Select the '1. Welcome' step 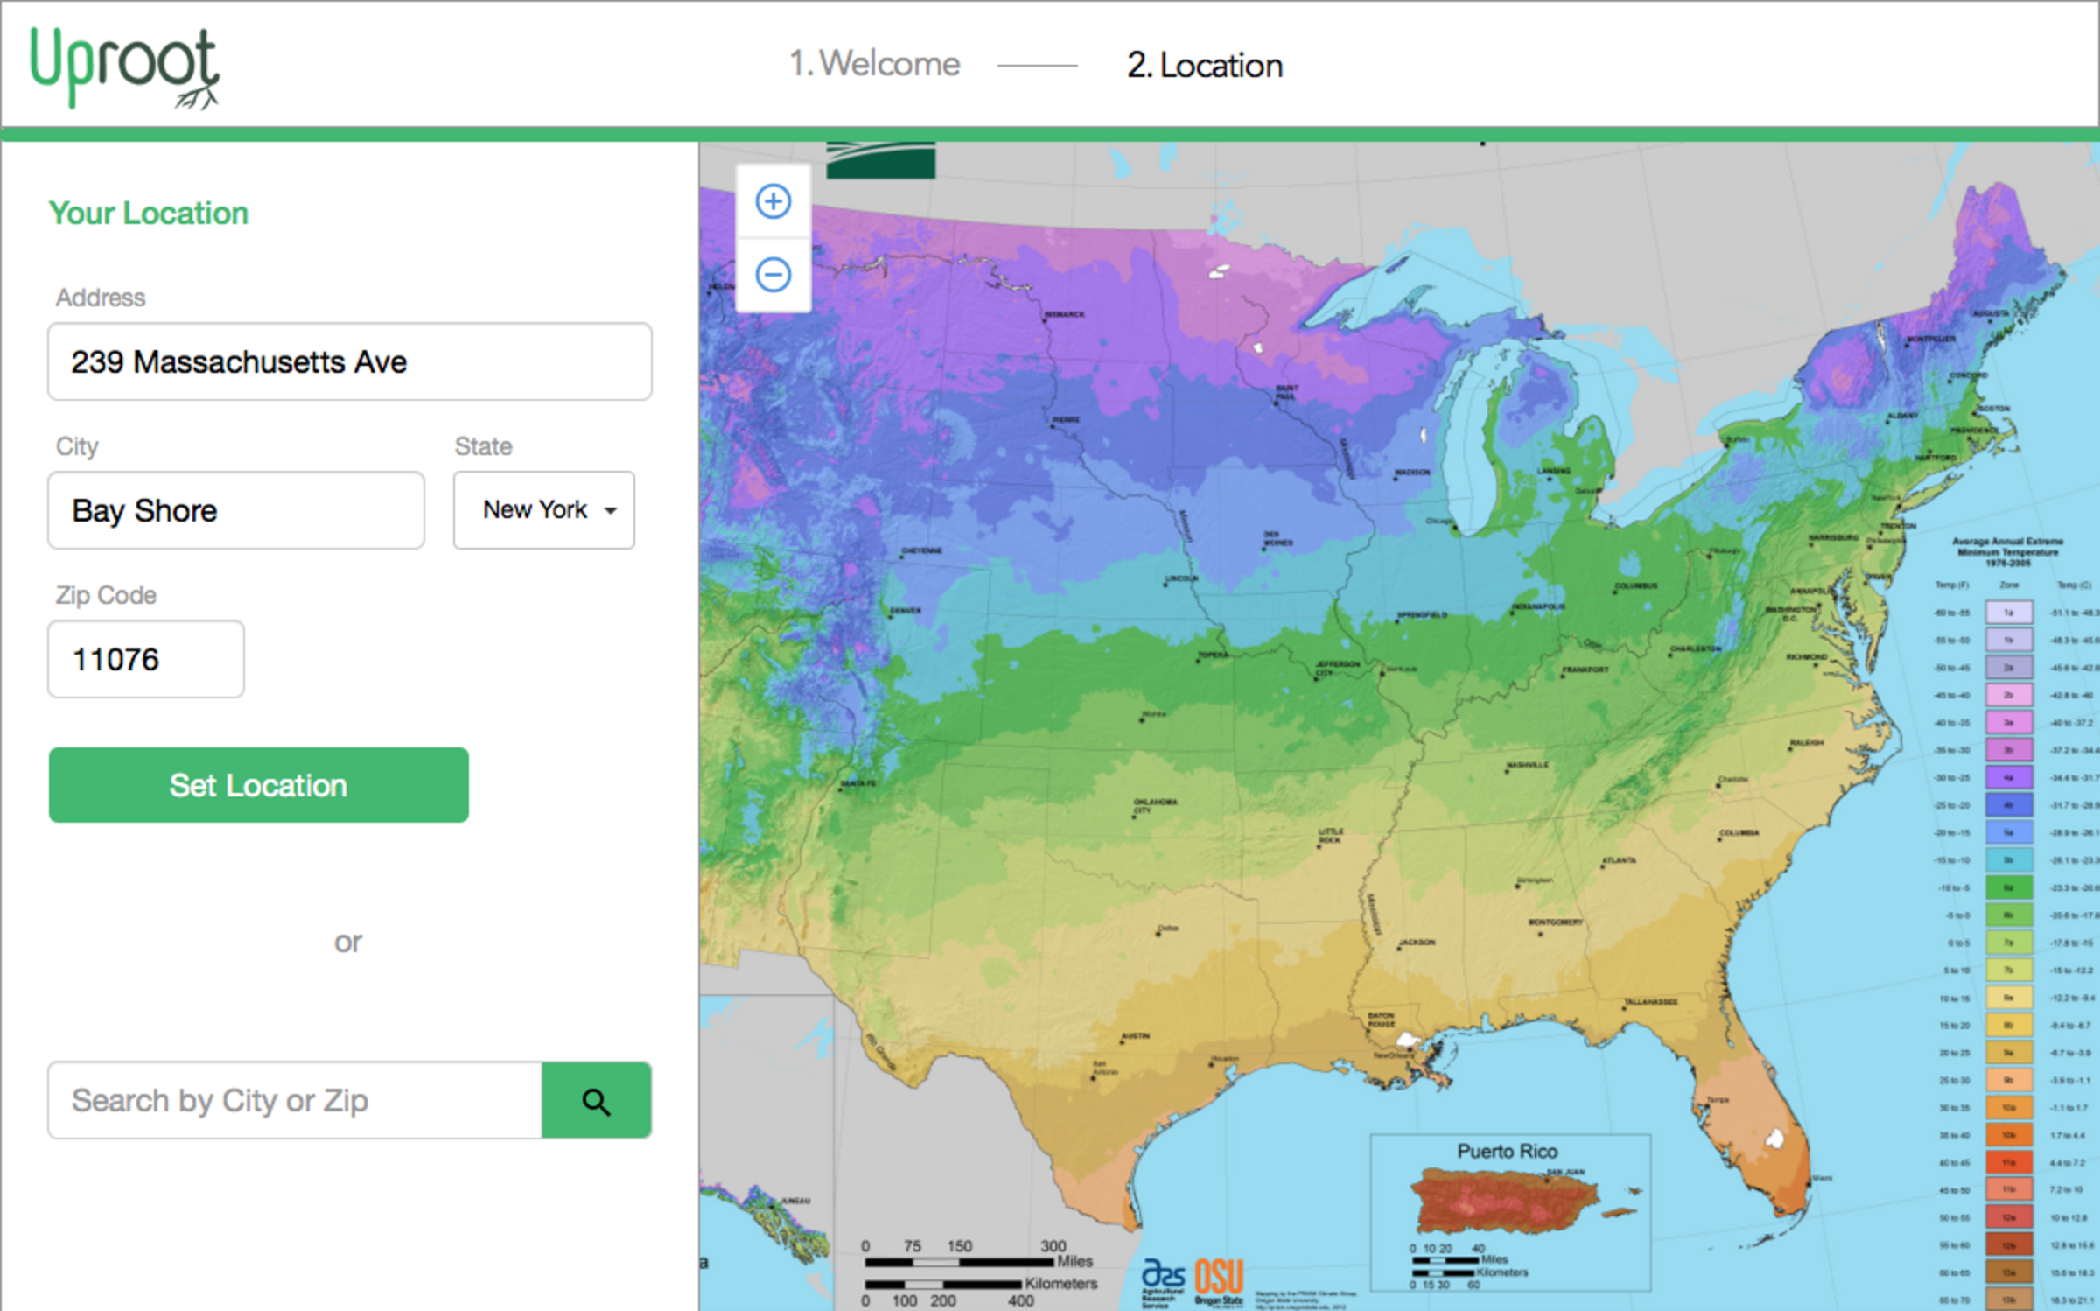point(874,64)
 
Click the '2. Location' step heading point(1204,66)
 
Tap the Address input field point(349,361)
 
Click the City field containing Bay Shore point(235,510)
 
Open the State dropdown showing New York point(543,510)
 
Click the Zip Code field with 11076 point(145,659)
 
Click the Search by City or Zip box point(295,1100)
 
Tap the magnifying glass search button point(596,1100)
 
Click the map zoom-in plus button point(773,201)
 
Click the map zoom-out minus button point(773,275)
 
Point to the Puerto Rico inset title point(1507,1151)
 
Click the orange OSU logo point(1219,1278)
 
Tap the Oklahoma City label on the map point(1155,804)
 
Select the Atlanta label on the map point(1618,860)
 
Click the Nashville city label point(1527,765)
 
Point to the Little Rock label point(1331,835)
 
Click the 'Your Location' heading point(149,213)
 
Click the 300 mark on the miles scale point(1053,1245)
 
